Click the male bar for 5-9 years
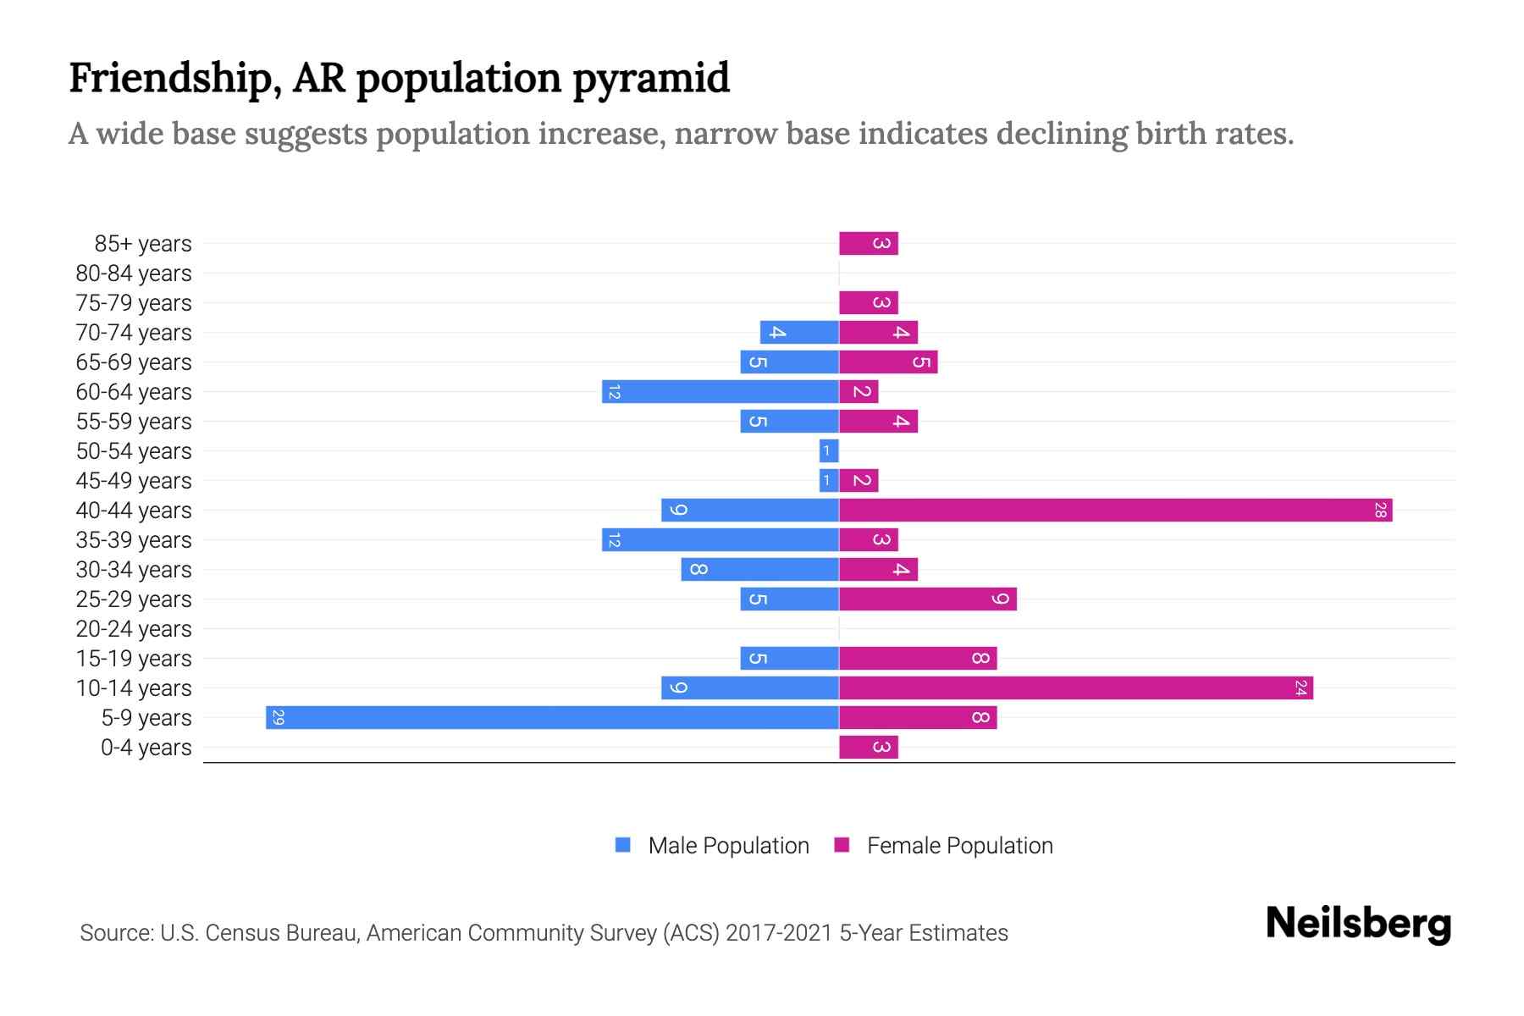coord(552,717)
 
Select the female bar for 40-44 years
coord(1115,510)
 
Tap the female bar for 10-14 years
coord(1075,687)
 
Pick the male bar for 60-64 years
coord(721,391)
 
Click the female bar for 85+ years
coord(868,243)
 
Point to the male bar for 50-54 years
coord(829,450)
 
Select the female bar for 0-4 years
coord(868,747)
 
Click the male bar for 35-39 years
coord(721,539)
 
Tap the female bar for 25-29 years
coord(927,599)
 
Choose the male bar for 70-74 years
coord(799,332)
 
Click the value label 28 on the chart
coord(1380,510)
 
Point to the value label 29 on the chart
coord(278,717)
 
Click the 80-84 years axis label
coord(134,273)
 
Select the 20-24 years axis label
coord(134,629)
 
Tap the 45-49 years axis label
coord(134,481)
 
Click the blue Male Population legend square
coord(623,845)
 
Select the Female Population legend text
coord(959,845)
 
